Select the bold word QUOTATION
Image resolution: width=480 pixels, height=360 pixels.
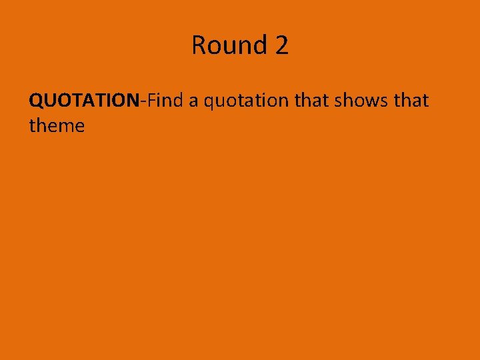click(83, 101)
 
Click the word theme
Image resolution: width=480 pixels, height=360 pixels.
click(57, 125)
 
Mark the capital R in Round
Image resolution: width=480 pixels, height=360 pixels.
click(199, 45)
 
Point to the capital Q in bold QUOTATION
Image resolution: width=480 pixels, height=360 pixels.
click(36, 101)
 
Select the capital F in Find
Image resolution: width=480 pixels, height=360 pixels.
click(151, 101)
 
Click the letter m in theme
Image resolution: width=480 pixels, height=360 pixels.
click(69, 127)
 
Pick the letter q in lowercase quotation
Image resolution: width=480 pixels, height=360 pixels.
click(209, 103)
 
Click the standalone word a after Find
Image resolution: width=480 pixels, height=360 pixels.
click(192, 102)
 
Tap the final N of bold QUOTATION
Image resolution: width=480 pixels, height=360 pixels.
click(133, 101)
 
